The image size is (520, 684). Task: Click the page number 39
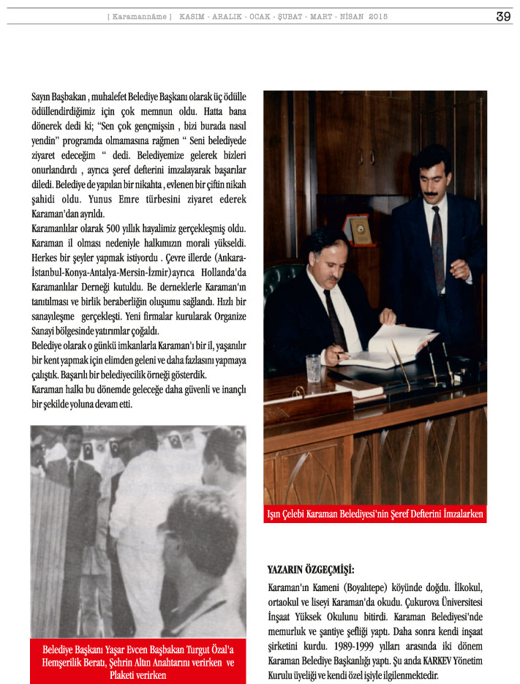pos(503,16)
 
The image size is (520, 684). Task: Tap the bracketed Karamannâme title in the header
pos(140,16)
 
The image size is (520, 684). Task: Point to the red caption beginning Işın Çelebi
pos(374,514)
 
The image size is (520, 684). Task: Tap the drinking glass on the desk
pos(313,367)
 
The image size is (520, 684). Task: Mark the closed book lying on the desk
pos(358,388)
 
